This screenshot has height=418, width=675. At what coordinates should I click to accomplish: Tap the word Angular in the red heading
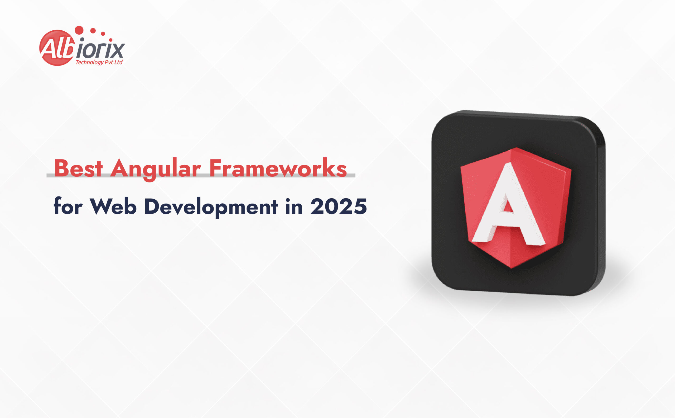(x=155, y=169)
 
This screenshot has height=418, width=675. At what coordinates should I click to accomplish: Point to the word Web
(x=113, y=206)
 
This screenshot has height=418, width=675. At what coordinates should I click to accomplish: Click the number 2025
(x=339, y=206)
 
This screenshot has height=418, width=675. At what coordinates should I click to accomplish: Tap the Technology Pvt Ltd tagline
(x=99, y=62)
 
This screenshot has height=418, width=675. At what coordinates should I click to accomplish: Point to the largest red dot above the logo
(x=79, y=30)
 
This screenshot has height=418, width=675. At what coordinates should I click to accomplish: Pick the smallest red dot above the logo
(x=111, y=40)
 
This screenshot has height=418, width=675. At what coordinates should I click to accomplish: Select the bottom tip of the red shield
(x=511, y=267)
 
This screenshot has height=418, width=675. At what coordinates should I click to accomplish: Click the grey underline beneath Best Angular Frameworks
(x=201, y=176)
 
